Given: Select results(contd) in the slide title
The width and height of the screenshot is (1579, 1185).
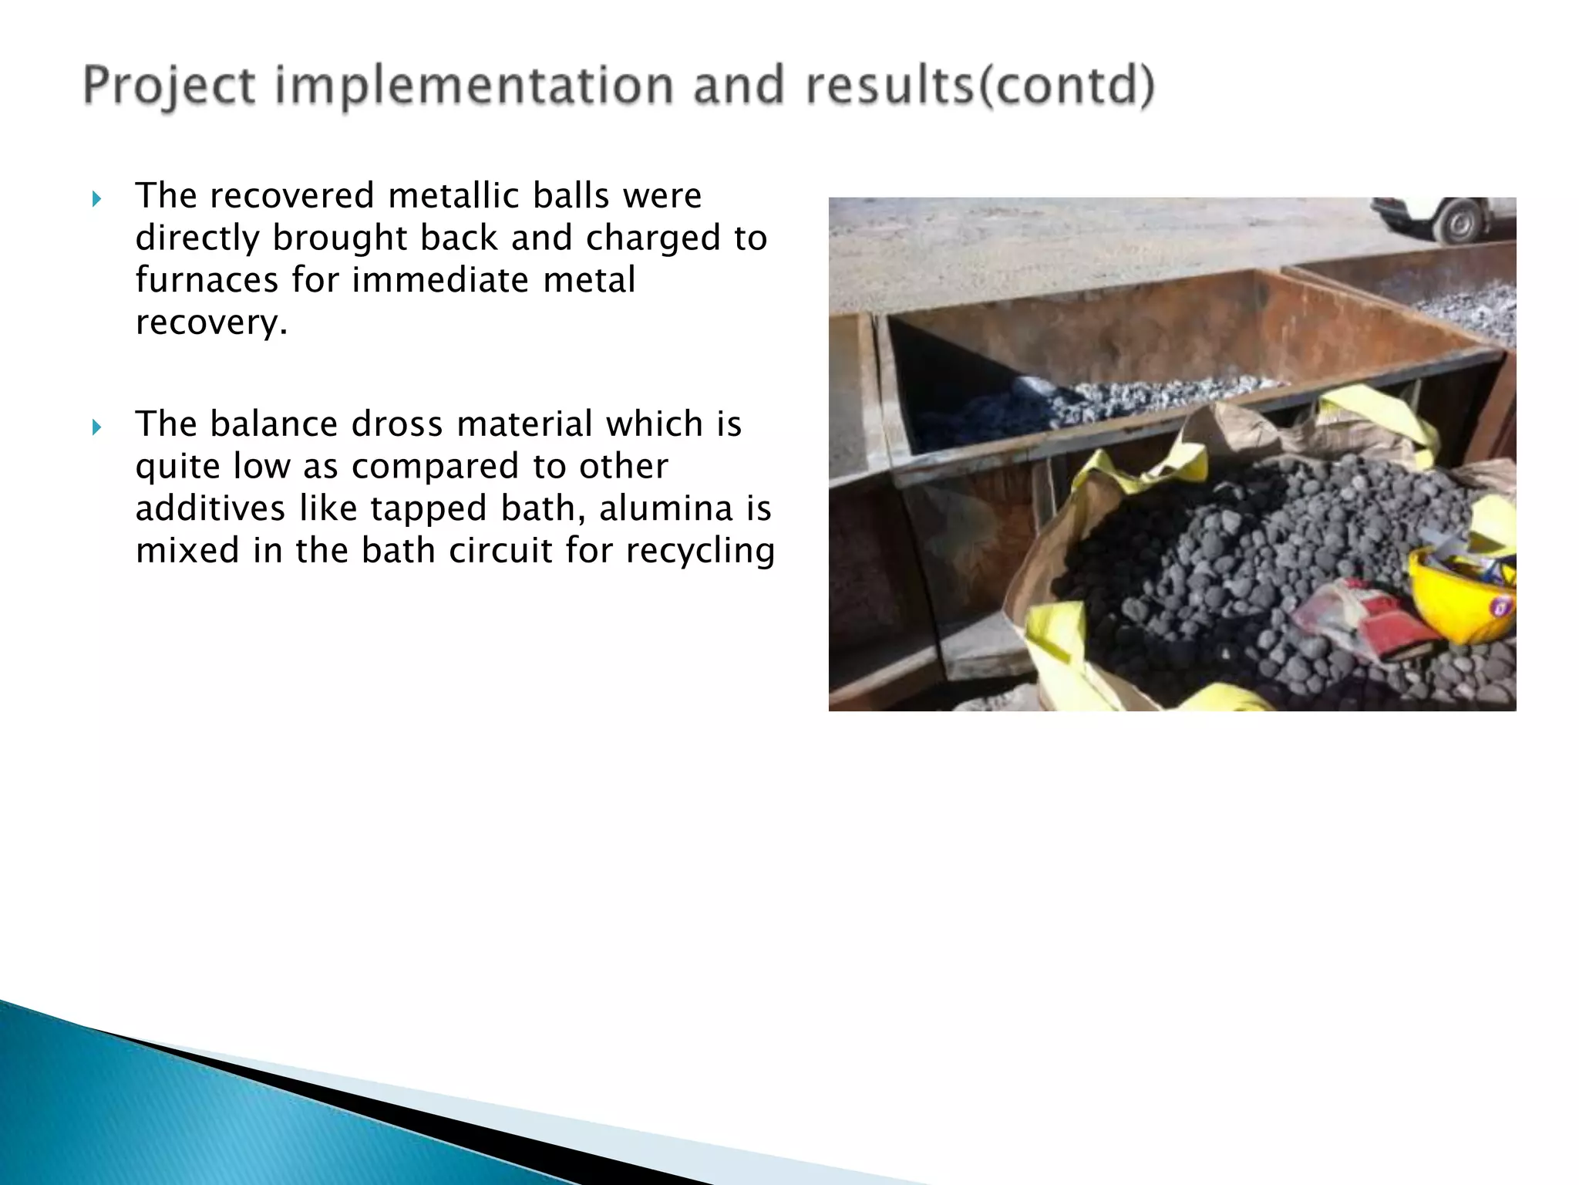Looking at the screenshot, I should coord(980,86).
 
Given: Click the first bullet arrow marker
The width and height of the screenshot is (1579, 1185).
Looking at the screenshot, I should coord(96,200).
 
